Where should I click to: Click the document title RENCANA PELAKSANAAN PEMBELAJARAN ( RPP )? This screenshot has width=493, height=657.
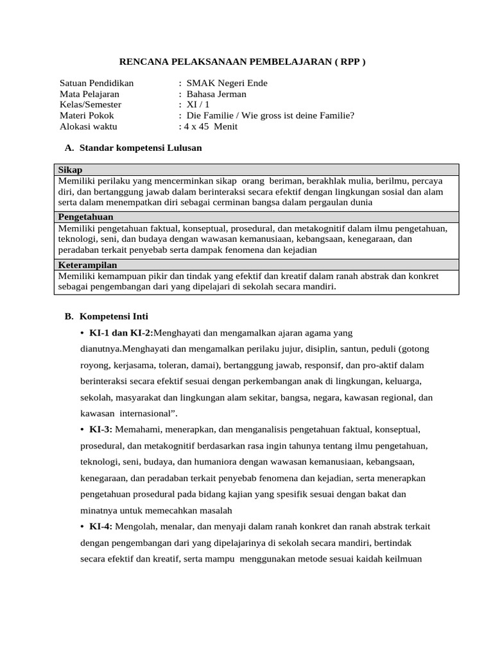click(243, 62)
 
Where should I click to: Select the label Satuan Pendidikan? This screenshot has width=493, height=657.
click(96, 83)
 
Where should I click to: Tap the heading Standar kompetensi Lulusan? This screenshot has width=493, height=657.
click(141, 148)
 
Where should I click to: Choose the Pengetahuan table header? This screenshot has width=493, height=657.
click(85, 217)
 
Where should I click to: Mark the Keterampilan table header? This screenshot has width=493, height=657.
click(87, 264)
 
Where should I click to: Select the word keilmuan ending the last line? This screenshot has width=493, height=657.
click(401, 558)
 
